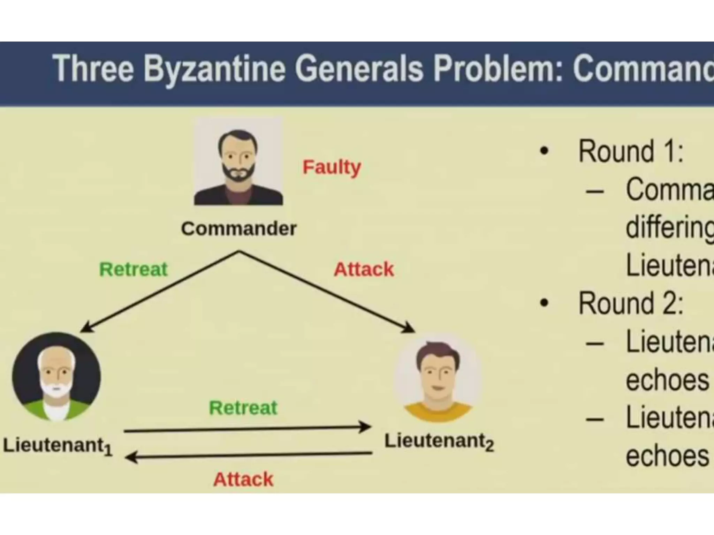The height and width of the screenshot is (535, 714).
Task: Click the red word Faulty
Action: [332, 168]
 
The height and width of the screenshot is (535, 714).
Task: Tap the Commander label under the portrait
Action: [239, 229]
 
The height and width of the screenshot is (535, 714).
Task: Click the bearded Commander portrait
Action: [238, 162]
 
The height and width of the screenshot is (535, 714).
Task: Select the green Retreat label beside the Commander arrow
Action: [134, 269]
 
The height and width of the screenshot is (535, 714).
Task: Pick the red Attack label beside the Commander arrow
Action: [364, 269]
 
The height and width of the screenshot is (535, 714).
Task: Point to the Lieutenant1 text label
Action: [58, 446]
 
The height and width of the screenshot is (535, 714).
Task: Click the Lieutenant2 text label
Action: [439, 441]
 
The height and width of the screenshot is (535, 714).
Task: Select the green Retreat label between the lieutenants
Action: [243, 408]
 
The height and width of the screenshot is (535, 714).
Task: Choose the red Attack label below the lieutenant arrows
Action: [243, 479]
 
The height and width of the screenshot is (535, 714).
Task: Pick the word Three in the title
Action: [93, 69]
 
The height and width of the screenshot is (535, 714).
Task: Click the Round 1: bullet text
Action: [630, 152]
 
